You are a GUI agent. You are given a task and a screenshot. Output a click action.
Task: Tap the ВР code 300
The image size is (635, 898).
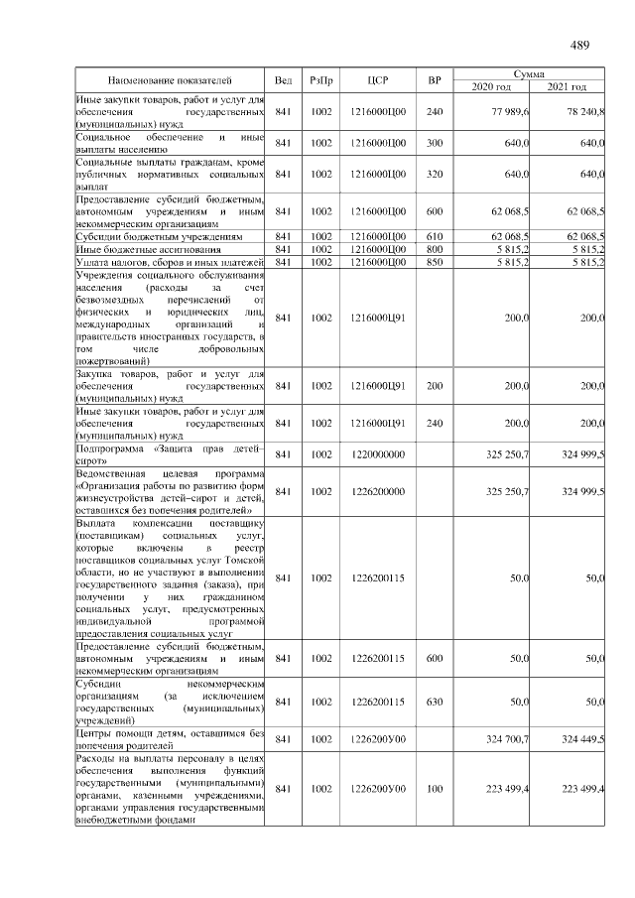coord(434,144)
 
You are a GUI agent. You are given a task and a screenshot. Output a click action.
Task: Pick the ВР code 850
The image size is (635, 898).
coord(434,262)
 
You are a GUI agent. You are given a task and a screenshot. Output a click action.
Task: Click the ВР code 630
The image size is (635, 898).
coord(434,703)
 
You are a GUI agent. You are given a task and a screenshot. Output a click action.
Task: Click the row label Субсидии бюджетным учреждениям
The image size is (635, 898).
coord(158,236)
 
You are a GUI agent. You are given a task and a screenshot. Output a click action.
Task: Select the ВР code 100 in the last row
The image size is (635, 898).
coord(434,789)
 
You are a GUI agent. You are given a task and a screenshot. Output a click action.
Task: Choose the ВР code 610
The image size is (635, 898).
coord(434,236)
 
